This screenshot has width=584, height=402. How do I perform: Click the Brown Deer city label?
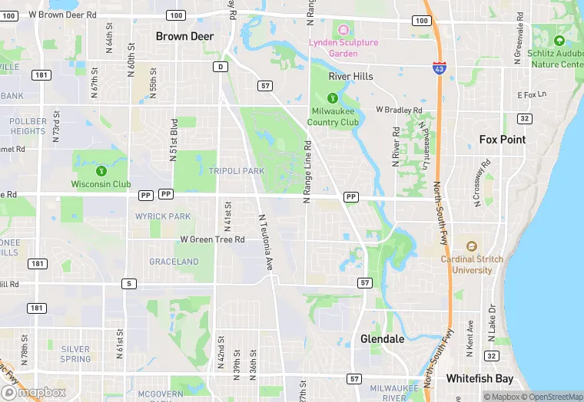pyautogui.click(x=184, y=36)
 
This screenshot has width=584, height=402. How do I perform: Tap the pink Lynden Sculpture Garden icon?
pyautogui.click(x=343, y=30)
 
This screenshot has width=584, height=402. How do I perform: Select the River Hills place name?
pyautogui.click(x=350, y=77)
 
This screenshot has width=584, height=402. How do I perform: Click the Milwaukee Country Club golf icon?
pyautogui.click(x=332, y=97)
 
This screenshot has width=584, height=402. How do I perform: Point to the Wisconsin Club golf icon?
pyautogui.click(x=101, y=170)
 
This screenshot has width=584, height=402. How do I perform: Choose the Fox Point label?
pyautogui.click(x=503, y=140)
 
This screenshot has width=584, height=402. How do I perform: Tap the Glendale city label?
pyautogui.click(x=382, y=338)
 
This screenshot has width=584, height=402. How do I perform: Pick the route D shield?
pyautogui.click(x=221, y=67)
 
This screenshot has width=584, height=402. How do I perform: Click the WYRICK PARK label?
pyautogui.click(x=163, y=216)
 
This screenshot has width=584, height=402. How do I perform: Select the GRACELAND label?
pyautogui.click(x=174, y=262)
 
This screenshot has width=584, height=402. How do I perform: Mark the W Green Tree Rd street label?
pyautogui.click(x=212, y=239)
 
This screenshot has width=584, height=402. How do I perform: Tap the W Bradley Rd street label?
pyautogui.click(x=399, y=110)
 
